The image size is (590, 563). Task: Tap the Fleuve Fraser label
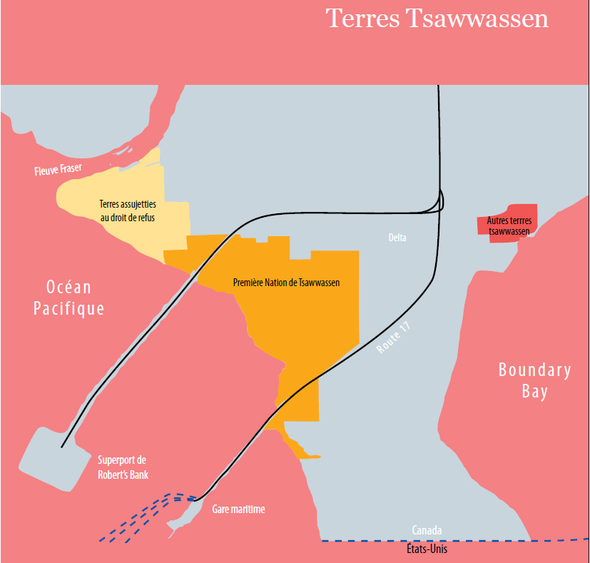[58, 170]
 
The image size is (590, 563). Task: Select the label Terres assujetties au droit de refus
[127, 211]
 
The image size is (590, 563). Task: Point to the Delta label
[397, 238]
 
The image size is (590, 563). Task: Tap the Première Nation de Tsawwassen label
[286, 283]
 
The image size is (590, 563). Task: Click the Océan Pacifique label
[68, 298]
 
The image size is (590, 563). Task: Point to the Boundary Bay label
[534, 381]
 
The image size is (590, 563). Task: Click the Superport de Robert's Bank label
[122, 467]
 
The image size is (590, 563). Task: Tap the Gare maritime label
[238, 509]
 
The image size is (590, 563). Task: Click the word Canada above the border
[427, 530]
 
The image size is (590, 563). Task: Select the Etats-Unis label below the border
[427, 549]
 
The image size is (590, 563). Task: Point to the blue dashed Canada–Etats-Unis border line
[499, 541]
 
